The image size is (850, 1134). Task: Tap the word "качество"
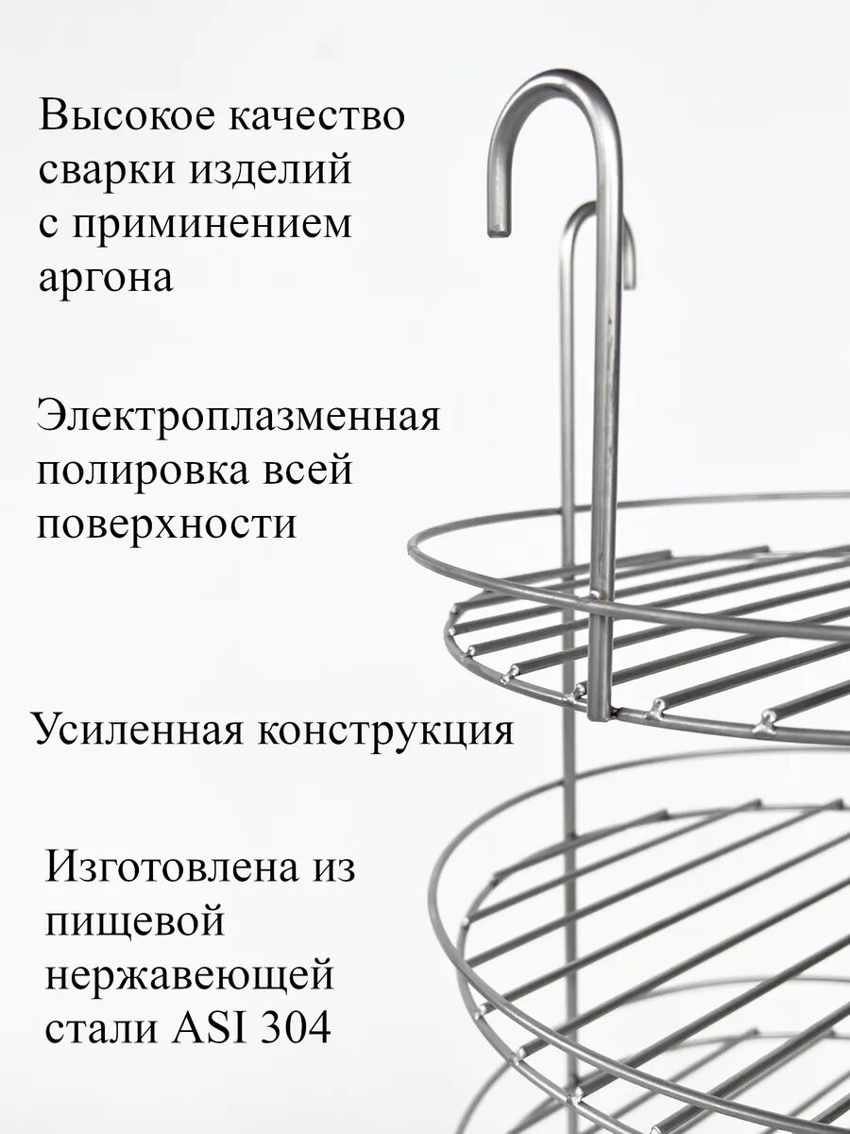point(315,117)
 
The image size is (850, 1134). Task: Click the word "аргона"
point(105,280)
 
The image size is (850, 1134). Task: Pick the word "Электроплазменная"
point(238,415)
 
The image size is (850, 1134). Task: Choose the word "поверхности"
point(166,523)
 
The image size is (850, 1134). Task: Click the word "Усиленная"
point(132,730)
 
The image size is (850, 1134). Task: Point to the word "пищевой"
point(134,921)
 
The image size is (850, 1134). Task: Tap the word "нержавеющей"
point(189,974)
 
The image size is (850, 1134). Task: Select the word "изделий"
point(274,171)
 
